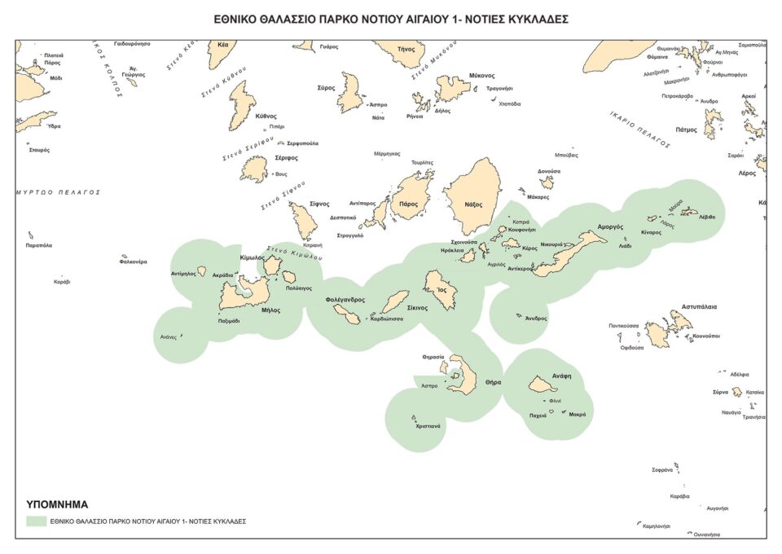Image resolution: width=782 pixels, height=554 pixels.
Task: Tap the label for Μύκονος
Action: (x=481, y=75)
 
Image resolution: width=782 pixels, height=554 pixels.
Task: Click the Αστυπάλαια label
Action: (x=699, y=307)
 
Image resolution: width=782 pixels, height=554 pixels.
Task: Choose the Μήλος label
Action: (x=270, y=310)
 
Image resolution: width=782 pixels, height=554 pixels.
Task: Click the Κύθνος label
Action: (x=266, y=117)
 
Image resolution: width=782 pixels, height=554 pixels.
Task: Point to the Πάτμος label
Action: (x=687, y=130)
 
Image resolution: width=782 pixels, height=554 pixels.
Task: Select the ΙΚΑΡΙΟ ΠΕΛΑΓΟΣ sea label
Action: (x=639, y=130)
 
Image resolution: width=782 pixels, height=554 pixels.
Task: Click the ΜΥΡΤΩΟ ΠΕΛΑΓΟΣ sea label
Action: (x=58, y=192)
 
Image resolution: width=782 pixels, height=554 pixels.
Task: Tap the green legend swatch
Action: (x=35, y=520)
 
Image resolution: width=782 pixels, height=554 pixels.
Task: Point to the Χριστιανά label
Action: (x=428, y=426)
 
